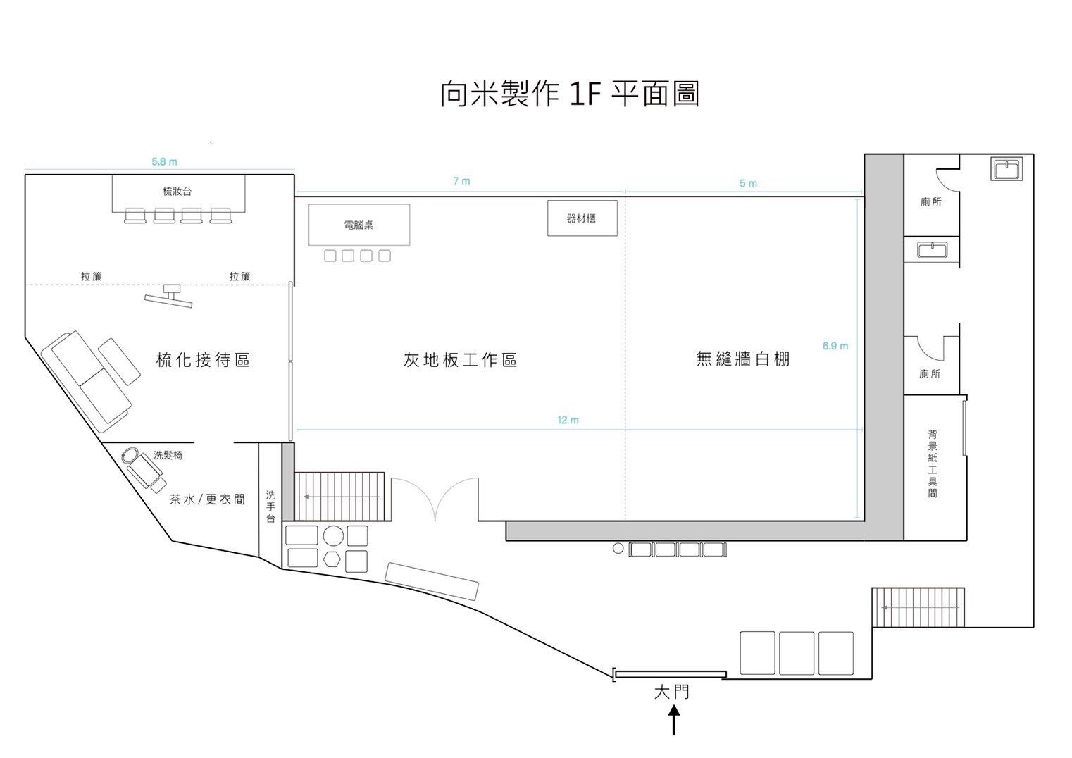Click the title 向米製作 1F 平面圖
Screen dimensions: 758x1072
click(569, 94)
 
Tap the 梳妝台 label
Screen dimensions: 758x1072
click(177, 191)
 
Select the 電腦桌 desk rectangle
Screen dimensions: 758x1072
click(359, 225)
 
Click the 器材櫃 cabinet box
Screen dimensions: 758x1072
click(582, 218)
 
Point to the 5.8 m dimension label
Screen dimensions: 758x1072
click(165, 162)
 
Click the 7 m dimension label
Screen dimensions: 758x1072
click(461, 181)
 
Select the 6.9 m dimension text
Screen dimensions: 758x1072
click(835, 346)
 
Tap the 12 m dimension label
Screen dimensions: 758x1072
click(568, 420)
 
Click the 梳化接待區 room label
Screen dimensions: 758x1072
click(204, 360)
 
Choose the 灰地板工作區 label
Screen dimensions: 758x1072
click(461, 360)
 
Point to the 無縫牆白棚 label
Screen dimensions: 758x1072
click(743, 359)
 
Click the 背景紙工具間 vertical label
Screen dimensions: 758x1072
click(933, 464)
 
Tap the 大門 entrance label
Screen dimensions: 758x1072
click(672, 692)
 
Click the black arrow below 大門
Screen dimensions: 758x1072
click(674, 721)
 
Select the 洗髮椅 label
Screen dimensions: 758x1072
click(168, 455)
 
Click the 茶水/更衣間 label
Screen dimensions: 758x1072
click(207, 499)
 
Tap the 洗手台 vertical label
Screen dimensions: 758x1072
click(270, 507)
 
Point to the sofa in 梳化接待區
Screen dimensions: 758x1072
click(87, 379)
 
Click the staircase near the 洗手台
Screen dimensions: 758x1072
click(339, 496)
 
